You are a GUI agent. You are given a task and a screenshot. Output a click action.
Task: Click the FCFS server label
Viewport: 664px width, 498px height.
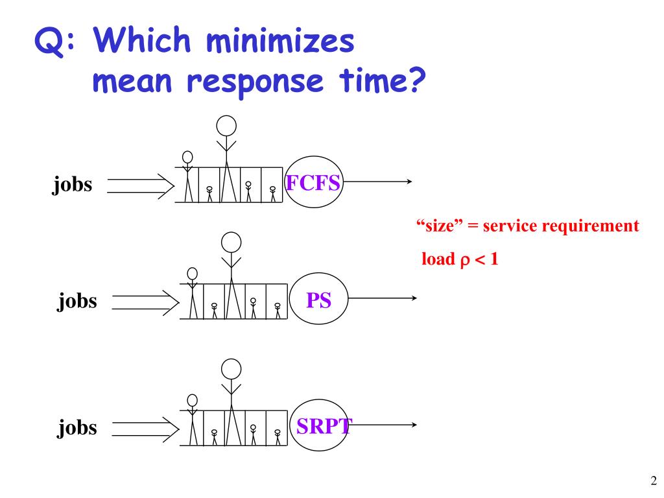[x=313, y=183]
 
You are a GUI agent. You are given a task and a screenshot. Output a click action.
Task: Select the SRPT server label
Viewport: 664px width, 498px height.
[x=323, y=425]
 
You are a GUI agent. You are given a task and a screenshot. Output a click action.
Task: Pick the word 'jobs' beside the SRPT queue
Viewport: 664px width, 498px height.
[x=77, y=427]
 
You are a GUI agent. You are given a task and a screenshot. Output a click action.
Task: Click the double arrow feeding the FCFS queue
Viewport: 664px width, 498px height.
[x=140, y=185]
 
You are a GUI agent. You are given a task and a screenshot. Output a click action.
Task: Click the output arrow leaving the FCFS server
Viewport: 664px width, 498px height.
[x=379, y=182]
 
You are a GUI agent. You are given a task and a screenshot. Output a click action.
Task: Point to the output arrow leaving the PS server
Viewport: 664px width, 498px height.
[x=383, y=298]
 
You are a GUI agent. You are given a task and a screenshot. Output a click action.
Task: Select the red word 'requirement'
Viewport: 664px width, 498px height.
[x=596, y=226]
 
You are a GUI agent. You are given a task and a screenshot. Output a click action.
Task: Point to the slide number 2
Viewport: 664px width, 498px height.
[x=653, y=480]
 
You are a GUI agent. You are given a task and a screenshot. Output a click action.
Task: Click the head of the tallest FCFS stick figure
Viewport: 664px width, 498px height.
[x=226, y=124]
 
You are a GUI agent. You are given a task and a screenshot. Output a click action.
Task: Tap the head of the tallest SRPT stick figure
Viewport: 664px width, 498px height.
[x=231, y=368]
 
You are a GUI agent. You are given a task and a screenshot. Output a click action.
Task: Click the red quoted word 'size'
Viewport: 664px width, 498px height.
[x=437, y=226]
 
